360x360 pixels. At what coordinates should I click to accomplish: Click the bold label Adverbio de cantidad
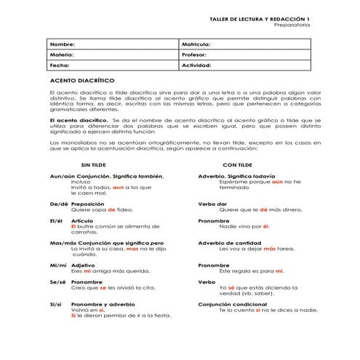[x=229, y=243]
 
